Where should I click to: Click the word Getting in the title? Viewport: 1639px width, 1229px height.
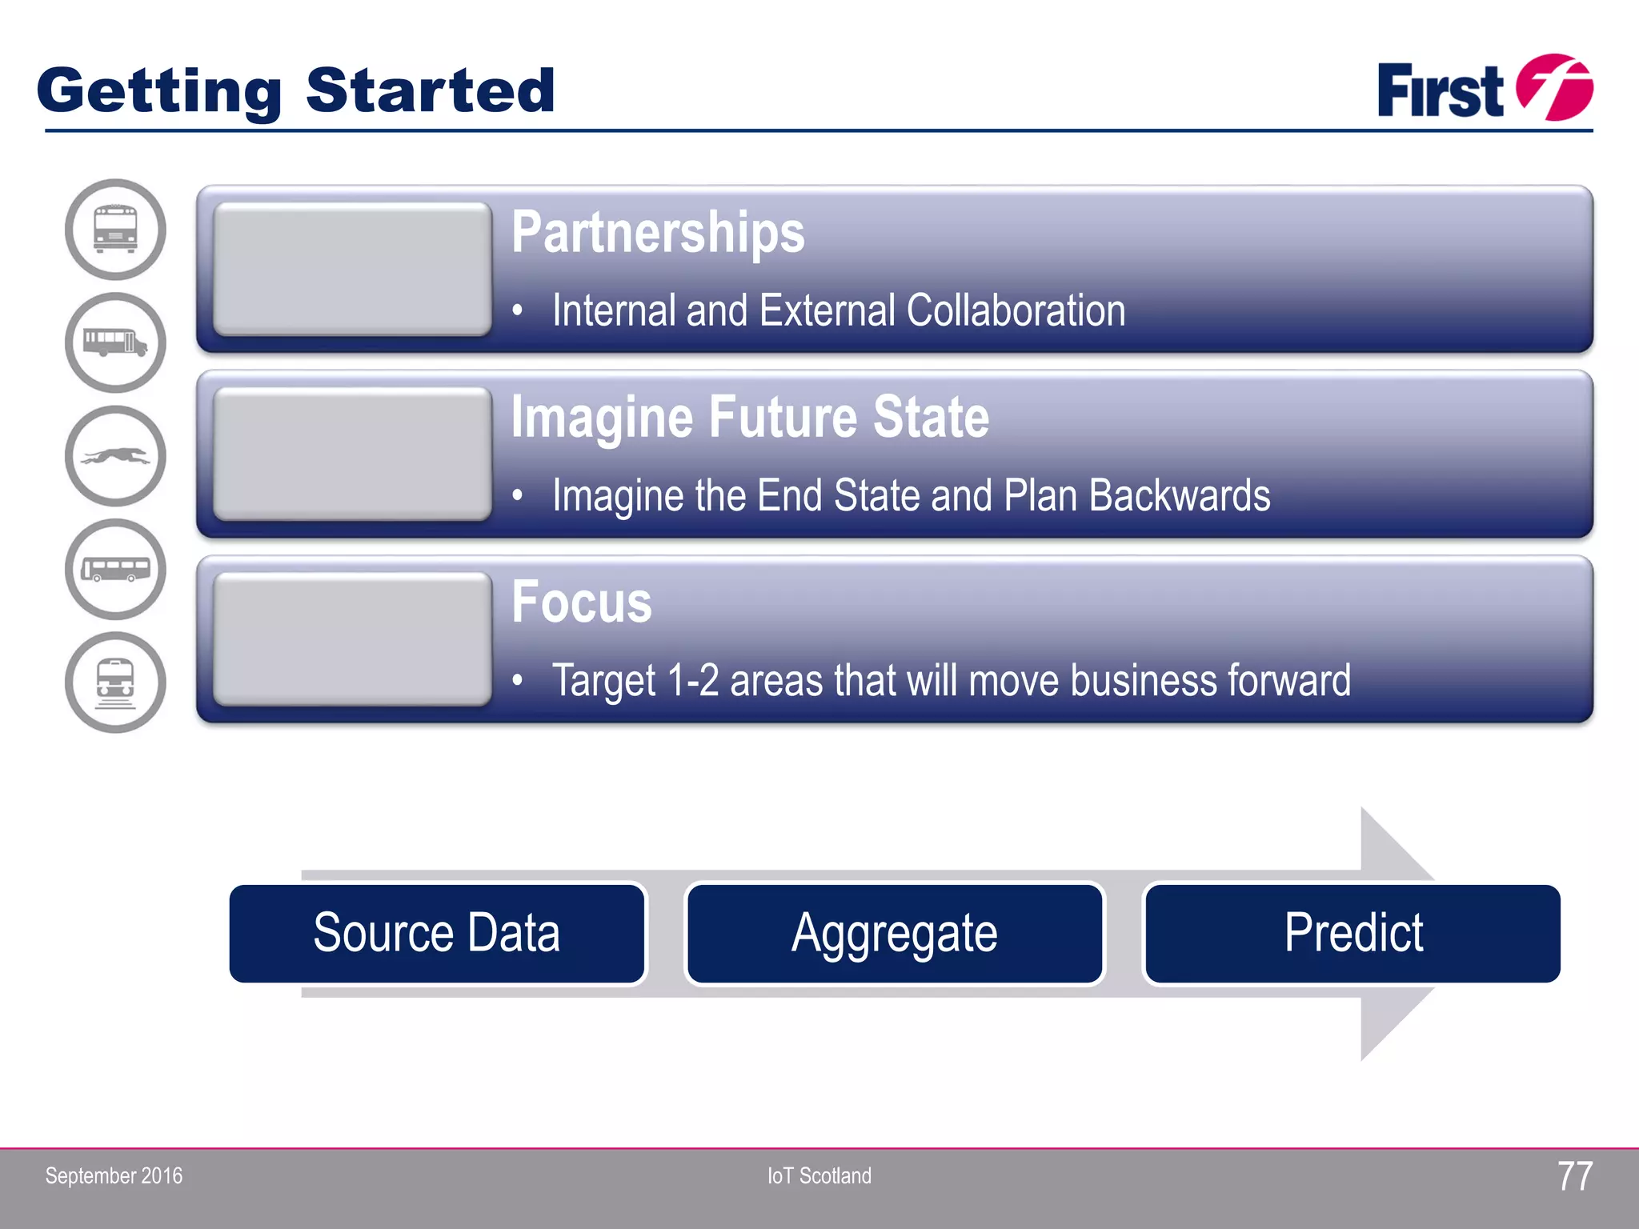coord(158,91)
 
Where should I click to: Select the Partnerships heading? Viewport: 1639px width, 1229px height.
coord(658,233)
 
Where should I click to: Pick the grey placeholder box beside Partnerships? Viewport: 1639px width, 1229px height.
coord(352,269)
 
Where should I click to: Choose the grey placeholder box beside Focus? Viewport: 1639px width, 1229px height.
coord(352,639)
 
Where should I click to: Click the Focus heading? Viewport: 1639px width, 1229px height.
coord(582,602)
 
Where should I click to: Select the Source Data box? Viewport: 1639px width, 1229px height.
coord(437,933)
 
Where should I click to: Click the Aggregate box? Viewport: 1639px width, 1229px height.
coord(895,933)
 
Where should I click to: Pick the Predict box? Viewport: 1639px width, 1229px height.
coord(1352,933)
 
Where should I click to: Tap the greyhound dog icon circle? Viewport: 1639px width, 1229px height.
coord(115,456)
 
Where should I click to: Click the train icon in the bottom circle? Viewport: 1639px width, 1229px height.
coord(115,683)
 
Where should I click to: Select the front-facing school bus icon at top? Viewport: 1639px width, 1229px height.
coord(115,230)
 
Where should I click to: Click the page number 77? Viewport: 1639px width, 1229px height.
coord(1574,1176)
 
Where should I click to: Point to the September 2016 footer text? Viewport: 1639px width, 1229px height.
coord(114,1176)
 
